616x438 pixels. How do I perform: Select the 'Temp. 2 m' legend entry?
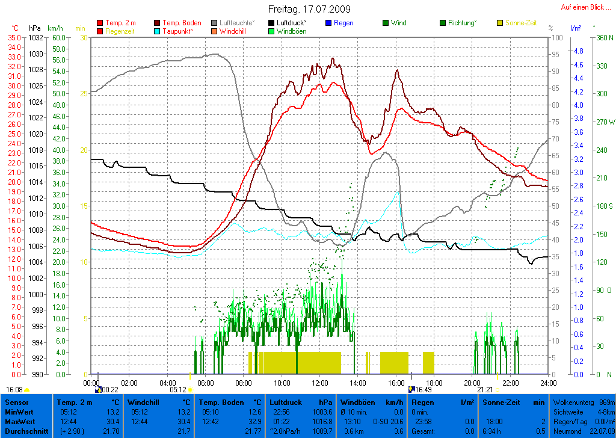[120, 23]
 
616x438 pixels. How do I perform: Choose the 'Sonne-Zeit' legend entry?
[521, 23]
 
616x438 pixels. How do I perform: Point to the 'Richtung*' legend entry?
[462, 23]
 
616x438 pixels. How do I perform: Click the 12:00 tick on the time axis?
[320, 382]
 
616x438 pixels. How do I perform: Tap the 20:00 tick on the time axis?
[472, 382]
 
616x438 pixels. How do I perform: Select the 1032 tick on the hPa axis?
[35, 37]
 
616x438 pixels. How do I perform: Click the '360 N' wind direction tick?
[603, 37]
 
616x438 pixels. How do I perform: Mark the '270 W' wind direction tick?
[603, 122]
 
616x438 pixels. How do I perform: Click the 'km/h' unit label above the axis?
[55, 28]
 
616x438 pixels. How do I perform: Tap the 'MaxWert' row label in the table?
[19, 422]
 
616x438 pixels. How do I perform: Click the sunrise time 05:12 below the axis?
[178, 389]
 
